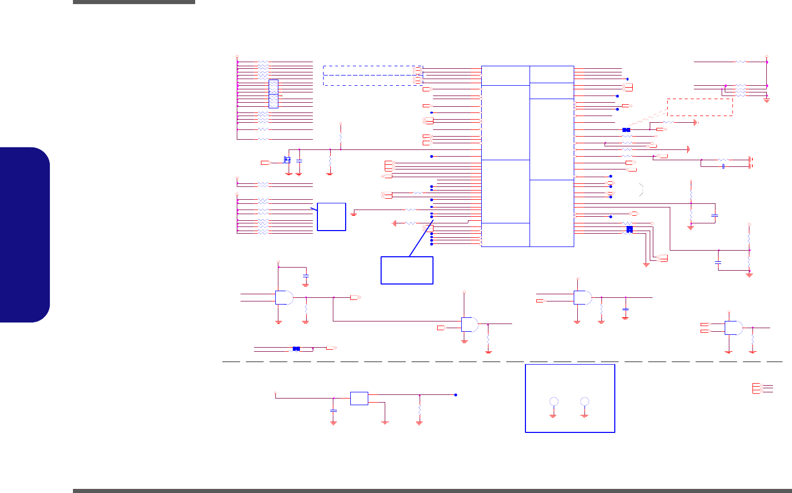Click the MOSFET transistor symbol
tap(288, 161)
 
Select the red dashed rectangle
tap(700, 107)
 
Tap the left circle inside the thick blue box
tap(554, 402)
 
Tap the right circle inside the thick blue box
tap(584, 402)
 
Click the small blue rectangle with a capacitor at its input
tap(359, 399)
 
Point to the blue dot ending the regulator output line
tap(456, 395)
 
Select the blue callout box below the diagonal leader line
tap(407, 270)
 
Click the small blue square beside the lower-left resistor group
tap(331, 216)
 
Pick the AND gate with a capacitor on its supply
tap(284, 297)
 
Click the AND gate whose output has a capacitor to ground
tap(582, 297)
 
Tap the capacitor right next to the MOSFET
tap(299, 161)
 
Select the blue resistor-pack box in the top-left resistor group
tap(273, 94)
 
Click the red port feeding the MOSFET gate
tap(265, 163)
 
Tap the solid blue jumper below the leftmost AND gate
tap(296, 349)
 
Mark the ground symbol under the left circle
tap(553, 415)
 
